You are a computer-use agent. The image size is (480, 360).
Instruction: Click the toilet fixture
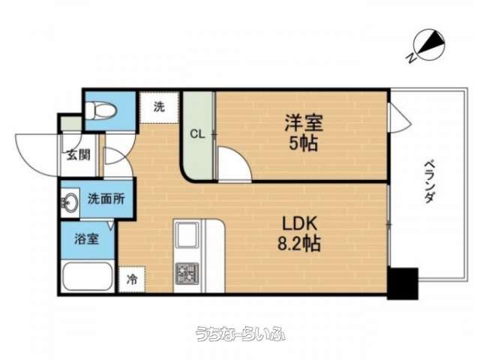point(100,110)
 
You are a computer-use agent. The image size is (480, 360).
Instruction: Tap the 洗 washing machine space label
point(159,106)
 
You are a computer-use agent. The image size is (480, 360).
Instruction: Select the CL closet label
point(197,133)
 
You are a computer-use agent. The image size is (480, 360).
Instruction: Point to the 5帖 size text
point(304,142)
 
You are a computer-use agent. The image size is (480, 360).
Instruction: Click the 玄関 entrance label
point(78,155)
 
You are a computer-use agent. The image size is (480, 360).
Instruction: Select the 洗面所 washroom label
point(106,199)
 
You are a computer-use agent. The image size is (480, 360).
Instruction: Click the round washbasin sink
point(70,202)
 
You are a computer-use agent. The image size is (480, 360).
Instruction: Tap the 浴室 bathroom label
point(86,238)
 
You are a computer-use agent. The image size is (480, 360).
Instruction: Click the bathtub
point(87,277)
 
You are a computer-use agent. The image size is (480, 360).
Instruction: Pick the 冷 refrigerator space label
point(132,279)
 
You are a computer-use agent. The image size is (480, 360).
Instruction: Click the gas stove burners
point(187,273)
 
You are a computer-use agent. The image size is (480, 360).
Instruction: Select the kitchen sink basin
point(187,234)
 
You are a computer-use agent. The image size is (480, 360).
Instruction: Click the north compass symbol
point(428,45)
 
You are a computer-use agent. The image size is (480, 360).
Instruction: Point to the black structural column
point(403,283)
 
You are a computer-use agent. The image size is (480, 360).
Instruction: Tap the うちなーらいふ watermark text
point(241,334)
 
